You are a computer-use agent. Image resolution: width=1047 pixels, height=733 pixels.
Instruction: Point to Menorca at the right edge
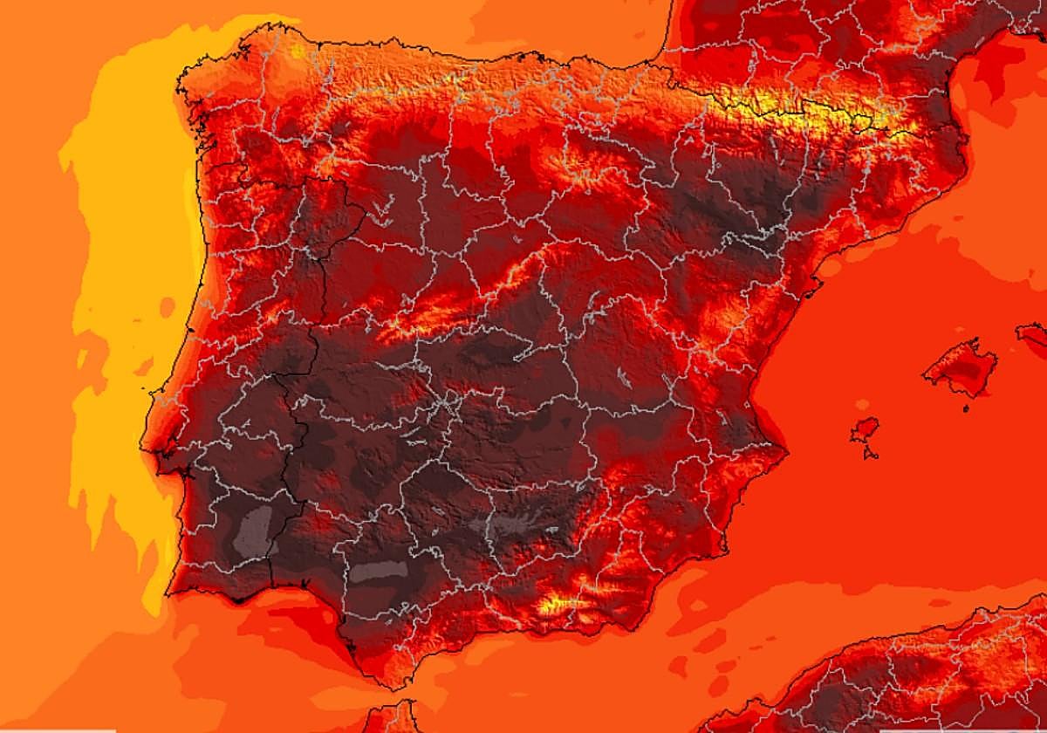pyautogui.click(x=1033, y=332)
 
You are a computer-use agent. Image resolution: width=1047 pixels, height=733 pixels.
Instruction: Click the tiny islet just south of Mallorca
pyautogui.click(x=966, y=408)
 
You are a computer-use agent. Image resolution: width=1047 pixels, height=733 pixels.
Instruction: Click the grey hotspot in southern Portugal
pyautogui.click(x=254, y=530)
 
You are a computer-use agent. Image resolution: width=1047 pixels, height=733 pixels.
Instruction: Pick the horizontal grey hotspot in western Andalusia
pyautogui.click(x=380, y=572)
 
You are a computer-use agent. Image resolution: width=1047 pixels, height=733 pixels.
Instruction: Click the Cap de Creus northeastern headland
pyautogui.click(x=967, y=131)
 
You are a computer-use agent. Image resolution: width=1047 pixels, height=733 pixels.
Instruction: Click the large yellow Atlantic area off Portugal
pyautogui.click(x=131, y=262)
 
